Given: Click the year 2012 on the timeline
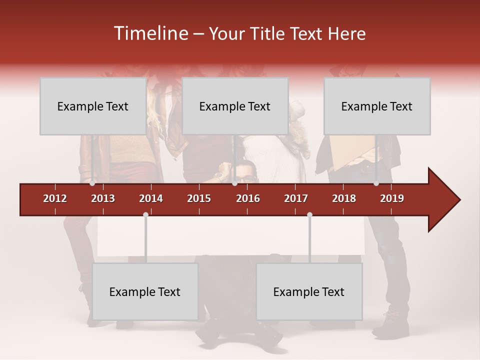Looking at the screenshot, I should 55,198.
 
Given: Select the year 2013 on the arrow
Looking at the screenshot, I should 103,198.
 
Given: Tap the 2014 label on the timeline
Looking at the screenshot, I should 151,198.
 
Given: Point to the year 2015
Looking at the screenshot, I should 199,198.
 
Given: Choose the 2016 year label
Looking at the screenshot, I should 248,198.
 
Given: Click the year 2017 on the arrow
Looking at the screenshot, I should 296,198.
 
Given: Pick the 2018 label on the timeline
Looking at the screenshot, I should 344,198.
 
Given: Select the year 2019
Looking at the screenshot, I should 392,198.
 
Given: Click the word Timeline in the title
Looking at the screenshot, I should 150,33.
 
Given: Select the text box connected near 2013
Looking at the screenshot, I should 93,106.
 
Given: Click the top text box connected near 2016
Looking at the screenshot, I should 235,106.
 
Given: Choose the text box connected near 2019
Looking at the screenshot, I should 377,106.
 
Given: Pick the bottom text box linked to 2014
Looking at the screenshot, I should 145,291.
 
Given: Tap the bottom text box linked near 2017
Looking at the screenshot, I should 309,291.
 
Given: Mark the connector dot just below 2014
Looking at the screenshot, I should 145,214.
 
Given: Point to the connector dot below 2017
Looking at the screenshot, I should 309,214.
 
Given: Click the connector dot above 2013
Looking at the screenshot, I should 92,183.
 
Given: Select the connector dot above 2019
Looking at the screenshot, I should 376,183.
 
